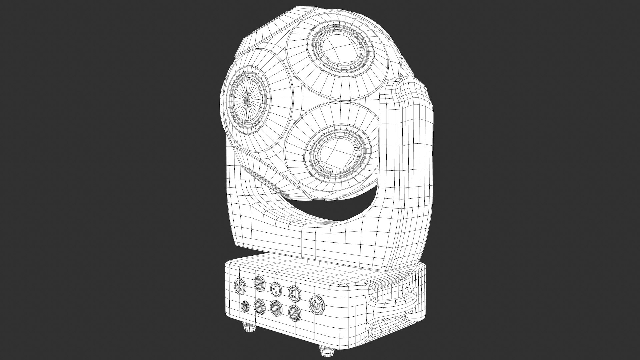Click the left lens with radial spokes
pos(247,99)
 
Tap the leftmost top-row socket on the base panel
pos(239,286)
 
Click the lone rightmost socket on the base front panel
pos(316,304)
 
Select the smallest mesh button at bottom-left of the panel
pos(245,306)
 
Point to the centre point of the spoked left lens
pos(247,100)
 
